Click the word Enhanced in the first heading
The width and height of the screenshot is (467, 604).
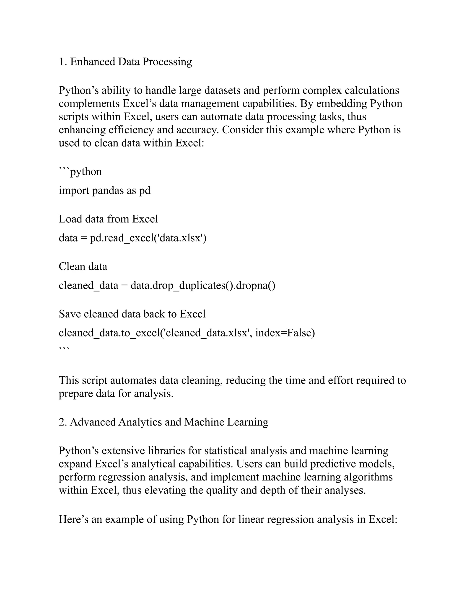point(92,62)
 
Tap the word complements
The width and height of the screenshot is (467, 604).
point(89,103)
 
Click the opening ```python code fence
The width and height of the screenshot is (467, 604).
point(80,172)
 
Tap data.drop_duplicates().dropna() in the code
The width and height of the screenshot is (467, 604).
point(203,285)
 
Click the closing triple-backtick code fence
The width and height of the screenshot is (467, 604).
point(64,349)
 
